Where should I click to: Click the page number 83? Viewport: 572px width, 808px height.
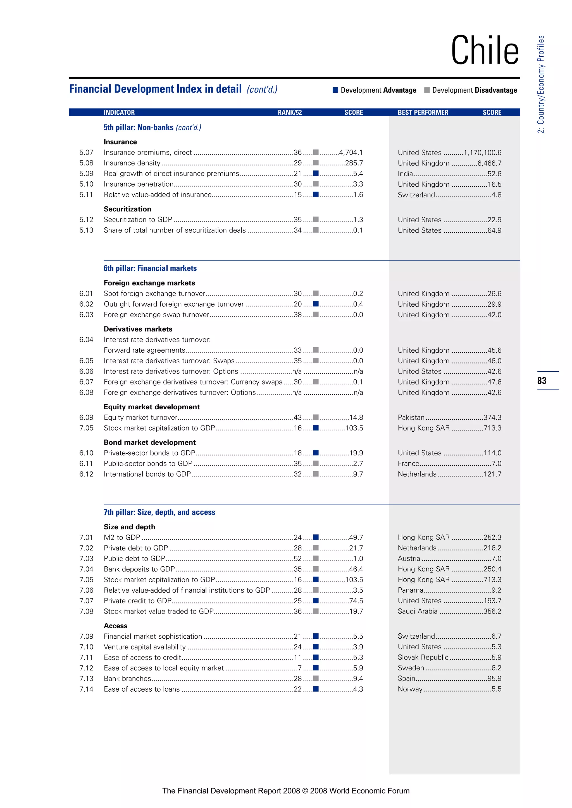[542, 380]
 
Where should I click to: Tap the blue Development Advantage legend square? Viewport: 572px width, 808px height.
[335, 90]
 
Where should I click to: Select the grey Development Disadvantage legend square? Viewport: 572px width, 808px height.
[427, 90]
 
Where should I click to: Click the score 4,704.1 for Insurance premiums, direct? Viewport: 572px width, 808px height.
[351, 152]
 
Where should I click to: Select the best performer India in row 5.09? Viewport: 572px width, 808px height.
[405, 174]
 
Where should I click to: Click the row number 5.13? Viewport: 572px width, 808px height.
[86, 230]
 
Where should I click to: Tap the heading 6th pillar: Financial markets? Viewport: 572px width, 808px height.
[150, 268]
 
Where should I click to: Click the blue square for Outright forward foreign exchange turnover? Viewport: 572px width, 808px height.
[316, 304]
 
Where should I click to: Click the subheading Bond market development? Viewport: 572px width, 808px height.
[149, 442]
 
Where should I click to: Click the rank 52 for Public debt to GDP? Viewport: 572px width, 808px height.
[298, 559]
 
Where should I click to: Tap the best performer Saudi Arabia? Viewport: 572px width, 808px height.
[417, 611]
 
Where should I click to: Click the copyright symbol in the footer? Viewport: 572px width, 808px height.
[305, 791]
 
